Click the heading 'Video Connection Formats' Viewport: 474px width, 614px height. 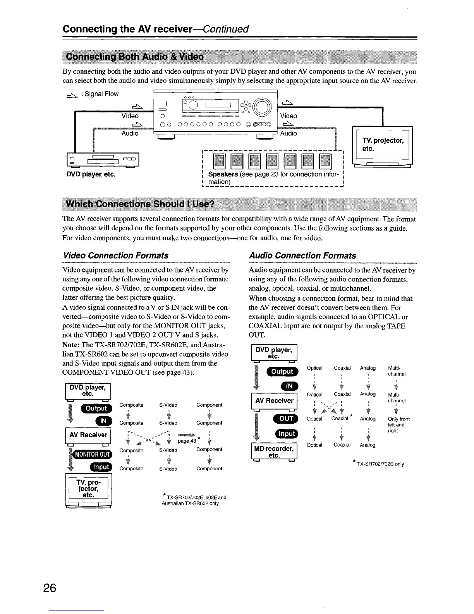115,255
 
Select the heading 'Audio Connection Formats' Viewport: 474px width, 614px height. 302,255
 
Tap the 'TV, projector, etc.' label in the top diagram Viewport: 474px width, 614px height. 383,144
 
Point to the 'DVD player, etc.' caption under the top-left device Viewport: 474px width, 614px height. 91,174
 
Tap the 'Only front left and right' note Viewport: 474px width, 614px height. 398,425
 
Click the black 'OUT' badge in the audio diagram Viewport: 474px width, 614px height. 286,418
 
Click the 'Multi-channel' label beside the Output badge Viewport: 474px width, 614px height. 397,371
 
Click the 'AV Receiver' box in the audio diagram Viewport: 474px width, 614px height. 274,400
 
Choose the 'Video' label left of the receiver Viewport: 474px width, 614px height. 130,116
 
